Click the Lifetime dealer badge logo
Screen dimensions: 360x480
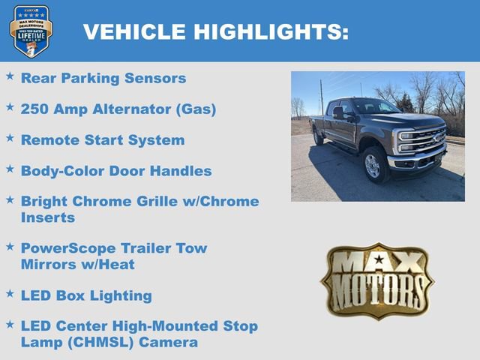tap(31, 31)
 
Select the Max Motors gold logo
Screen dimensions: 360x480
tap(377, 280)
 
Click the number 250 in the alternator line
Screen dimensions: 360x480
tap(35, 109)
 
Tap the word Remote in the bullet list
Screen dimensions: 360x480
tap(46, 140)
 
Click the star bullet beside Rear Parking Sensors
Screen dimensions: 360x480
tap(10, 76)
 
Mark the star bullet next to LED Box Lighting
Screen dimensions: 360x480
tap(10, 294)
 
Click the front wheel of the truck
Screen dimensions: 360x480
tap(373, 165)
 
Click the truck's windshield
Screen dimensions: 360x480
tap(374, 107)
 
